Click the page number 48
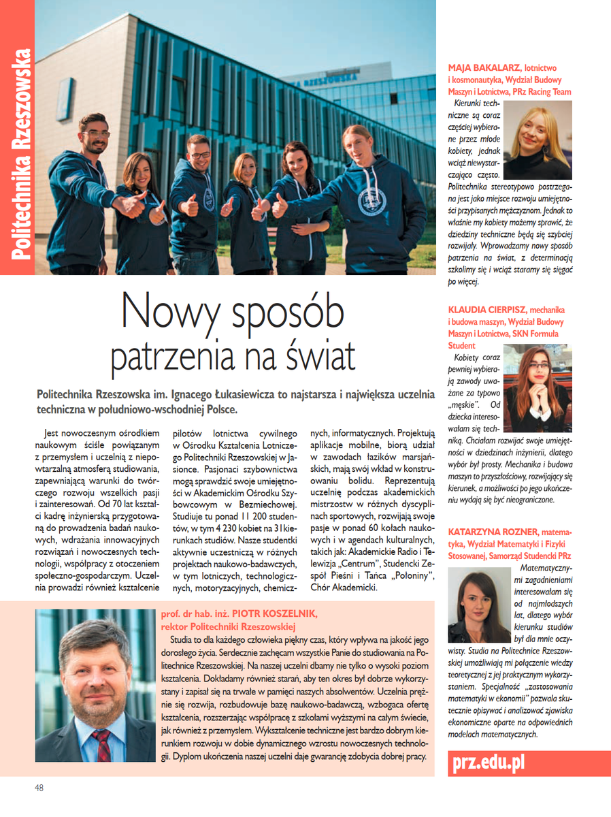tap(39, 788)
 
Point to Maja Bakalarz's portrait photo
tap(537, 140)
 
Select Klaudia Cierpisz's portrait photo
tap(538, 391)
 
